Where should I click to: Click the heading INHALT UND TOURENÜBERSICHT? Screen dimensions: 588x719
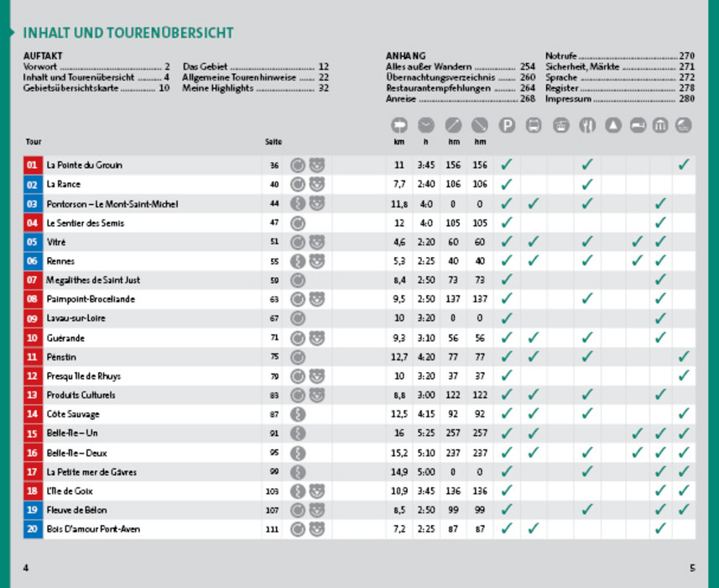tap(128, 34)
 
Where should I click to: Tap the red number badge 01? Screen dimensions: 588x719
tap(32, 165)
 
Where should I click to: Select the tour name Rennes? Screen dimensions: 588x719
tap(60, 261)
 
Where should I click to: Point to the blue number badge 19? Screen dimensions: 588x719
tap(32, 510)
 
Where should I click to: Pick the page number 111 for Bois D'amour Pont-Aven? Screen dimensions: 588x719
tap(274, 529)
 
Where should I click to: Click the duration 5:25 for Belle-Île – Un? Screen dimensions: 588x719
tap(426, 433)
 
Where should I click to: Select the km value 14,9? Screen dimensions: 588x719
tap(399, 472)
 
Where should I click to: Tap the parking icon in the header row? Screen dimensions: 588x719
tap(506, 125)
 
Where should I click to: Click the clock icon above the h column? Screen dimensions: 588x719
tap(426, 125)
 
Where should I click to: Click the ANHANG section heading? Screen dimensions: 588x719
tap(405, 55)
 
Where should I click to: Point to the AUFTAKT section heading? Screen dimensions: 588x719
tap(43, 55)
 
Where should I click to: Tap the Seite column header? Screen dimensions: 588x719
tap(274, 142)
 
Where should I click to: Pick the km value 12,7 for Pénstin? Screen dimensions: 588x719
tap(399, 357)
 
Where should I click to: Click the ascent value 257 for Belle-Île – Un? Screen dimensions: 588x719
tap(453, 433)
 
